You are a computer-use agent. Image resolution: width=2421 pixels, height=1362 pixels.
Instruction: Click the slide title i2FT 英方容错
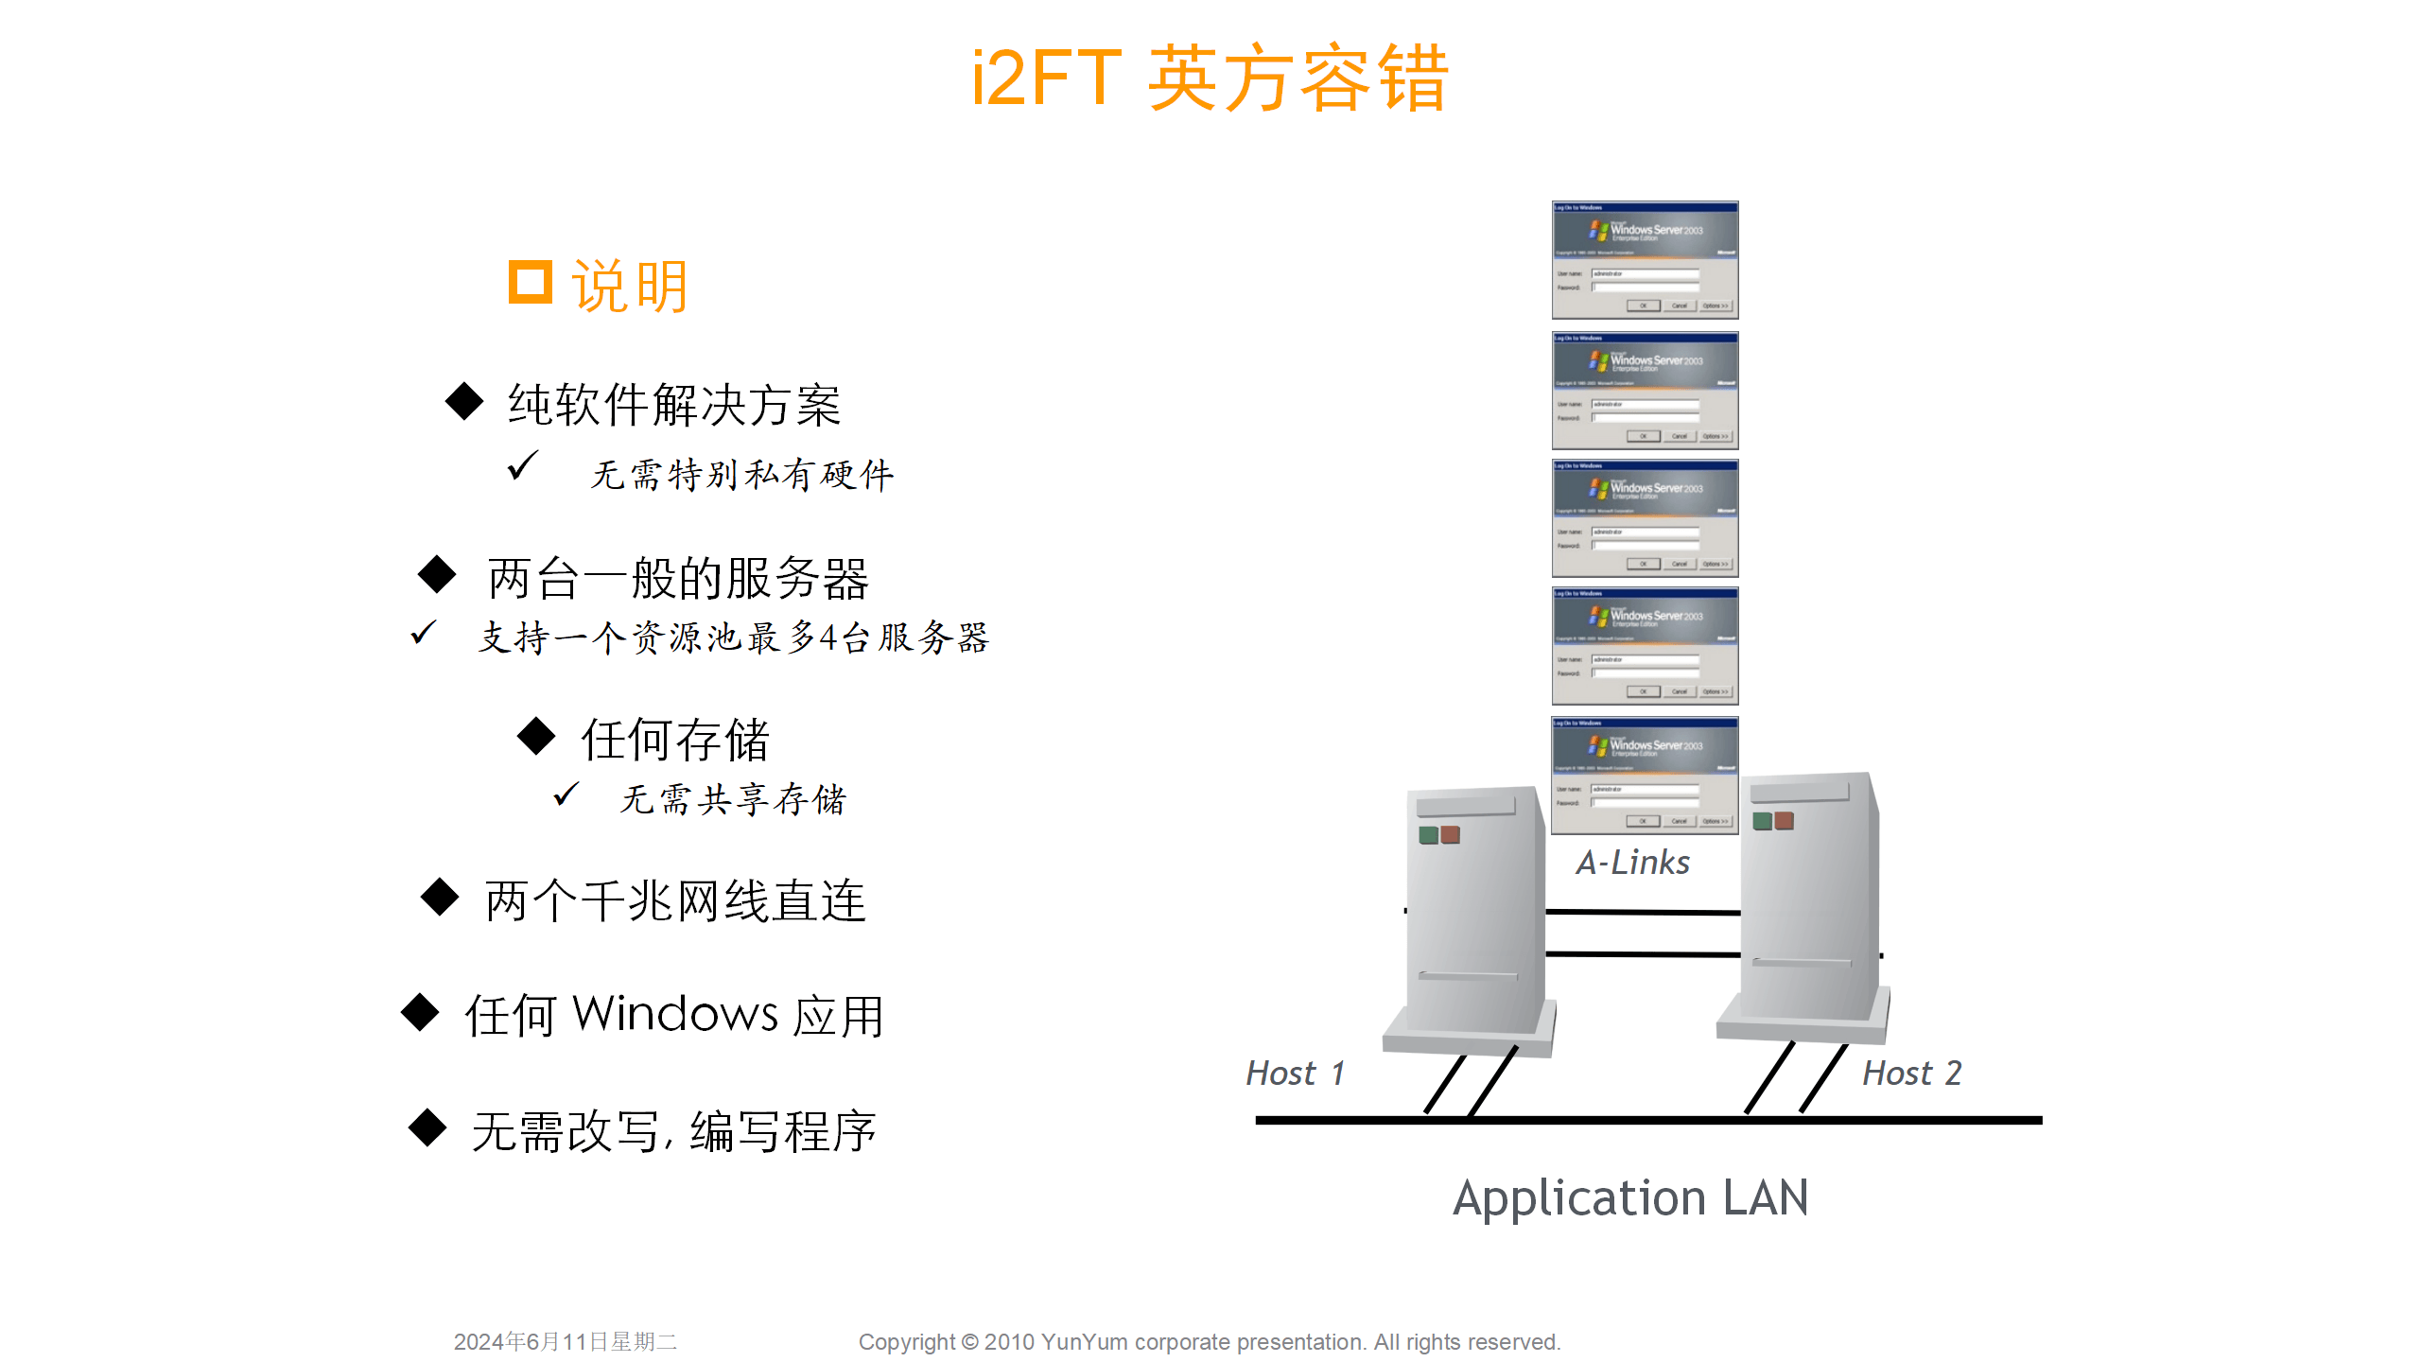[x=1210, y=78]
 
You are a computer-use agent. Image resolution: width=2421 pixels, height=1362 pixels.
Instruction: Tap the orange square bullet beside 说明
[x=530, y=282]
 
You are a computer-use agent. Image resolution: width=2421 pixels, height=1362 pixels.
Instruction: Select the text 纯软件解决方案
[x=674, y=405]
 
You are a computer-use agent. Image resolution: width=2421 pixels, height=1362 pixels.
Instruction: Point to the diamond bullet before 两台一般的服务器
[x=437, y=574]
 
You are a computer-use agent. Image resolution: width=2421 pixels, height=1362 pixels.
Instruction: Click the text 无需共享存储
[x=733, y=799]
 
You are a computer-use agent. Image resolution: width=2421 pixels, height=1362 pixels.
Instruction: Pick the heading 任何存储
[x=675, y=739]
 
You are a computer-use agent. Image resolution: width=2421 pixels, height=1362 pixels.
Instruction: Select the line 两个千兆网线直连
[x=675, y=899]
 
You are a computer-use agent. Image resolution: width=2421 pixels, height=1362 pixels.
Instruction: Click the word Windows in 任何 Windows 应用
[x=675, y=1014]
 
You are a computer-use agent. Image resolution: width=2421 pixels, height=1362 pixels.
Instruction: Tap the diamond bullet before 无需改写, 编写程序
[x=427, y=1127]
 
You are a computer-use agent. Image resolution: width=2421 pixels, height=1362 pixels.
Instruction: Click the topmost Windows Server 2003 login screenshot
[x=1645, y=260]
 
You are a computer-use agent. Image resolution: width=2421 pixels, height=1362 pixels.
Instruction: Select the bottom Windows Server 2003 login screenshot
[x=1645, y=776]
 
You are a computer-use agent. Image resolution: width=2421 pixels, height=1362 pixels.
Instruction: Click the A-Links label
[x=1632, y=863]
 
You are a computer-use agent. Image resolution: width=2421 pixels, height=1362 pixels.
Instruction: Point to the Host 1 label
[x=1295, y=1074]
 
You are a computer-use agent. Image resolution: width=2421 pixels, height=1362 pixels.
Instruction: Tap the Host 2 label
[x=1911, y=1074]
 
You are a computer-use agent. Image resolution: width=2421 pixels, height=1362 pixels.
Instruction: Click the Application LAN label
[x=1630, y=1197]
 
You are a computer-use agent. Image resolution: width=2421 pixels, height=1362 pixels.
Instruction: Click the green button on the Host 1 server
[x=1428, y=835]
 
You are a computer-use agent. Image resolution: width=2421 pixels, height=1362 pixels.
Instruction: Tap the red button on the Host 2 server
[x=1785, y=820]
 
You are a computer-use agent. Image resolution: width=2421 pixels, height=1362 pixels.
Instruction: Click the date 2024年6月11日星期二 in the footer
[x=566, y=1341]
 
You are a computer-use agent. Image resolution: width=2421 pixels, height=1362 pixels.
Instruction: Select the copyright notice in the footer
[x=1209, y=1341]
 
